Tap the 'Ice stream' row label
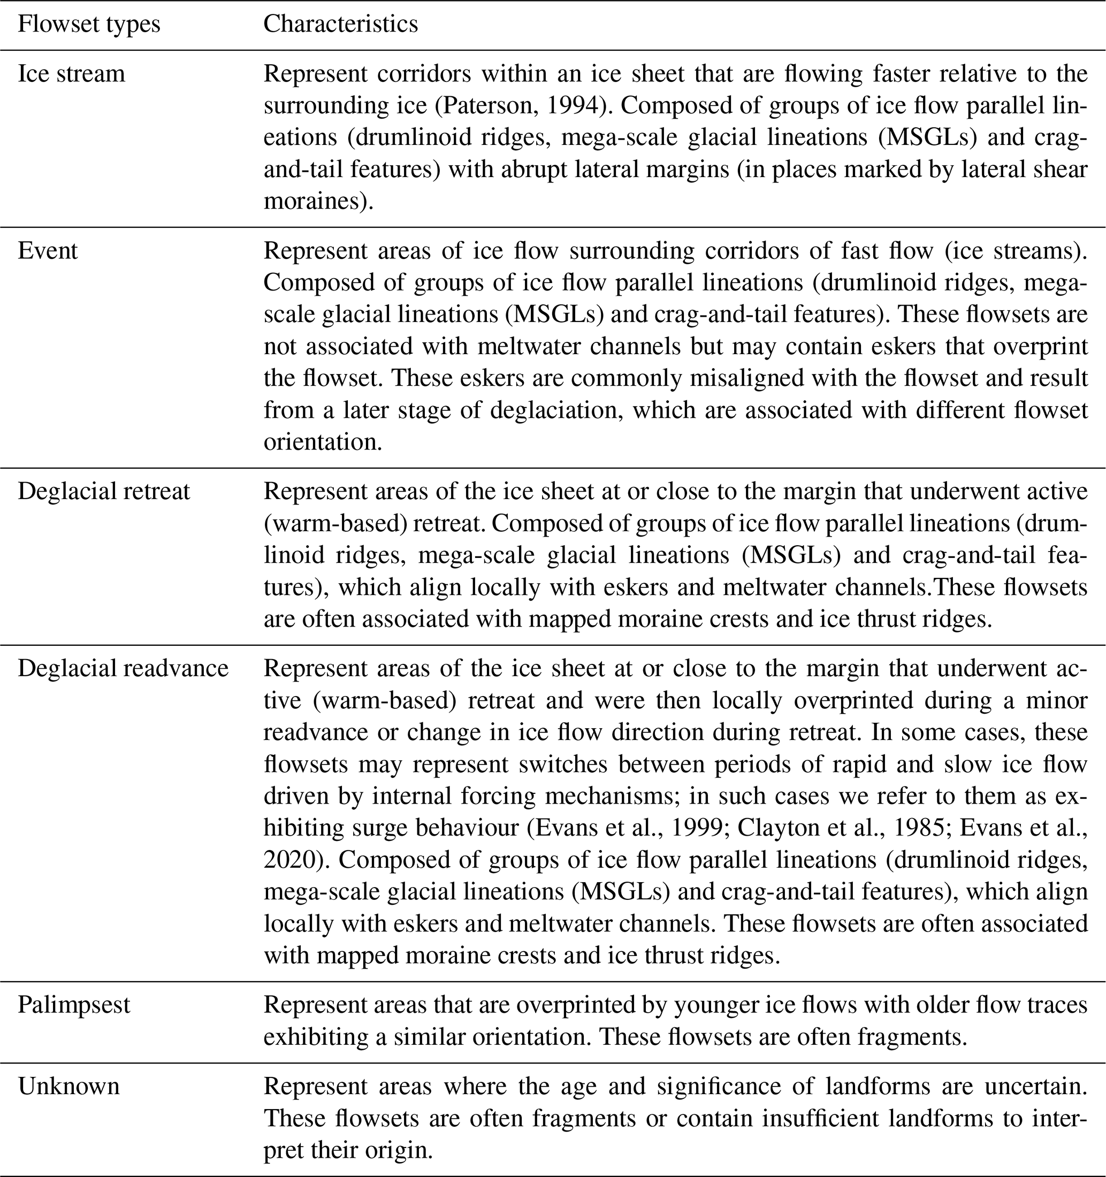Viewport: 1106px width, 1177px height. [x=72, y=74]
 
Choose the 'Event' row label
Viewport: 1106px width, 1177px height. [x=48, y=251]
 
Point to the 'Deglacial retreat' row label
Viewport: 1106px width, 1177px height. [x=104, y=492]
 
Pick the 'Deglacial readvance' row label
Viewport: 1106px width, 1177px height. [x=123, y=668]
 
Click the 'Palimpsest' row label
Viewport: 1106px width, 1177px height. [x=74, y=1005]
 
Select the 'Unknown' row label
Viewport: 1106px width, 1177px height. [x=68, y=1087]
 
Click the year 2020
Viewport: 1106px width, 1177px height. [x=291, y=860]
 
